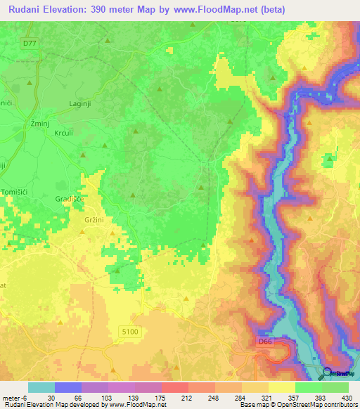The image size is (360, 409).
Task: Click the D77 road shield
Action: click(x=28, y=44)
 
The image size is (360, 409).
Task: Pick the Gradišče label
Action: click(x=69, y=198)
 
